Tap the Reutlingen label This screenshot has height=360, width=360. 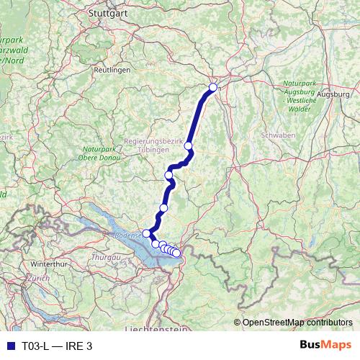click(x=112, y=70)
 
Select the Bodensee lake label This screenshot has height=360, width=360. click(x=127, y=235)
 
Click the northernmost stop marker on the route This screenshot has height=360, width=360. click(x=212, y=88)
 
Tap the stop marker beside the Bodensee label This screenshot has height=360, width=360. click(x=146, y=233)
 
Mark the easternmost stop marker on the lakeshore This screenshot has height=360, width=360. click(x=176, y=253)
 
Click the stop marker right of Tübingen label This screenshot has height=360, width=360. click(x=189, y=146)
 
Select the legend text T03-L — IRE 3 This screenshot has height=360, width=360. click(x=58, y=346)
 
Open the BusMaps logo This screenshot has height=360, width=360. click(x=326, y=346)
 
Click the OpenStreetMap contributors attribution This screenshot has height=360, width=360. click(x=297, y=323)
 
